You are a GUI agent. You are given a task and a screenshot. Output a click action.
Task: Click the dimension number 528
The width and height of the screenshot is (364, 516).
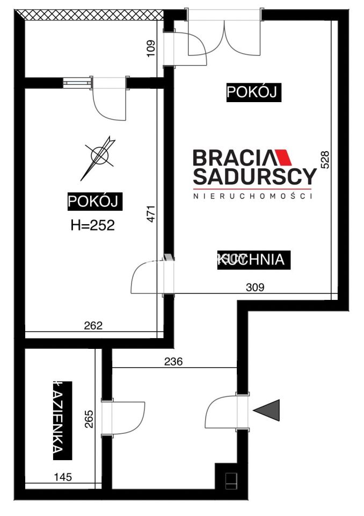click(324, 160)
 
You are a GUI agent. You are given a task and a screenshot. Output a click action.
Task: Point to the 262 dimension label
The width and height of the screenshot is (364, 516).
click(93, 325)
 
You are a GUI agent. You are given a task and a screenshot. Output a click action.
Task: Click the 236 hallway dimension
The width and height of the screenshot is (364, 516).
click(173, 362)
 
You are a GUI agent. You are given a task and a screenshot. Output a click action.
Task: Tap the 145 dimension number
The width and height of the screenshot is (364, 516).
click(63, 476)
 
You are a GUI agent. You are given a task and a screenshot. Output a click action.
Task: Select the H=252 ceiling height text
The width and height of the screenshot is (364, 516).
click(93, 226)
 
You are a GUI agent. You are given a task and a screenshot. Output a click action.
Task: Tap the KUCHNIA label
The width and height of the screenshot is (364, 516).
click(254, 260)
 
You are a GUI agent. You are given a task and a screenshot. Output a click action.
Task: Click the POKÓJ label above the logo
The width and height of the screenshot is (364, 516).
click(253, 92)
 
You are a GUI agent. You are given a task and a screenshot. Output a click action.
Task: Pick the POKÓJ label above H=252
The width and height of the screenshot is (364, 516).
click(94, 202)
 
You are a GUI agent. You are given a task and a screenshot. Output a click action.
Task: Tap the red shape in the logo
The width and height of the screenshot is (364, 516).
click(283, 158)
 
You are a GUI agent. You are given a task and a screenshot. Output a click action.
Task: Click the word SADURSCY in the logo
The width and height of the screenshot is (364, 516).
click(254, 176)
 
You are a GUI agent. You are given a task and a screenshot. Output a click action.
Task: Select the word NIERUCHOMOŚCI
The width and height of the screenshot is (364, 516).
click(253, 196)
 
